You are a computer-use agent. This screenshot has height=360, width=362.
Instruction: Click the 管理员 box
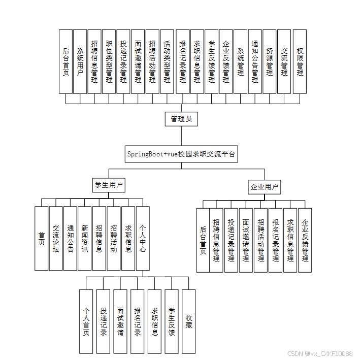[x=181, y=119]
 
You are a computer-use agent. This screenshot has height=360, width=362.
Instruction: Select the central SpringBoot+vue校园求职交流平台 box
[x=181, y=154]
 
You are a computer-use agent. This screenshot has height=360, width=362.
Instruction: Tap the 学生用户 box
[x=109, y=185]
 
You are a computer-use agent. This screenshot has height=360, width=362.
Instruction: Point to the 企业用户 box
[x=264, y=187]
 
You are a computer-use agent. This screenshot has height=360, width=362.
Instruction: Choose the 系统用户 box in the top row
[x=80, y=61]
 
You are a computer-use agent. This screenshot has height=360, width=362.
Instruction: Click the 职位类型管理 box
[x=109, y=61]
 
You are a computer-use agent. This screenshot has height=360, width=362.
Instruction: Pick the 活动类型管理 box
[x=167, y=61]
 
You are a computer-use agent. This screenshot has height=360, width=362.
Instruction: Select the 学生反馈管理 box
[x=211, y=61]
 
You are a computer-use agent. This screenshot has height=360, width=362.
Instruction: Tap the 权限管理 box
[x=300, y=61]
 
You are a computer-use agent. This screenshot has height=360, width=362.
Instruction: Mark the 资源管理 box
[x=270, y=61]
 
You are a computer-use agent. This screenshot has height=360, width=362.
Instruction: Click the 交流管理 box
[x=284, y=61]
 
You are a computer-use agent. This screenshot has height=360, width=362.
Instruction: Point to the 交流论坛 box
[x=56, y=238]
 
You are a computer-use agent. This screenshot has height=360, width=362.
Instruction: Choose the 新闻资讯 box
[x=85, y=238]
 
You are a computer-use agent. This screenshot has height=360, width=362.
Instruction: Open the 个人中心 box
[x=143, y=238]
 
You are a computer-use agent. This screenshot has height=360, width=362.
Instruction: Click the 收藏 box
[x=188, y=321]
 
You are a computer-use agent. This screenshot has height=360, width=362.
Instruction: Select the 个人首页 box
[x=86, y=321]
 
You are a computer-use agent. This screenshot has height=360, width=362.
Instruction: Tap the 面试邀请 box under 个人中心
[x=120, y=321]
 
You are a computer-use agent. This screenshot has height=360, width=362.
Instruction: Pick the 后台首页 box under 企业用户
[x=203, y=240]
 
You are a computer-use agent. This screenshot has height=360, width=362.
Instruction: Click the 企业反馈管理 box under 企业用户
[x=305, y=240]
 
